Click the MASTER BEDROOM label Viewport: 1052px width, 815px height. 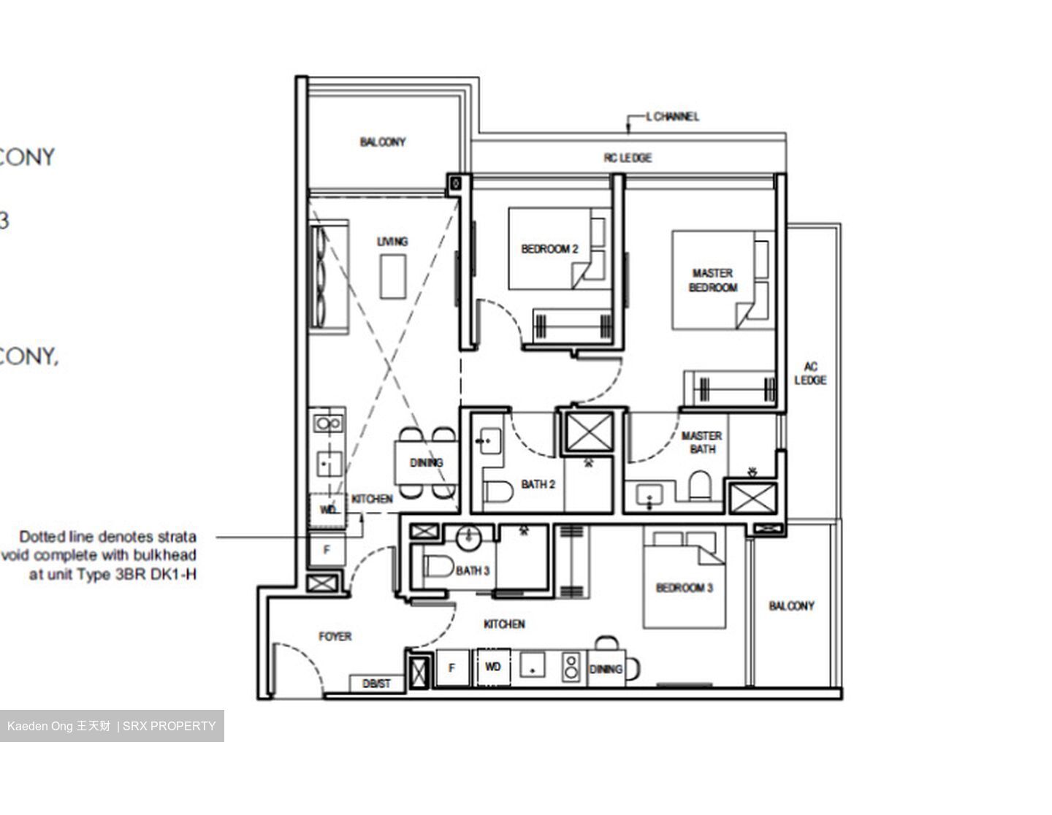(x=713, y=280)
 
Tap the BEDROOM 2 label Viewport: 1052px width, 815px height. (x=549, y=249)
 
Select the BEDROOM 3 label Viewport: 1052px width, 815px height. (x=684, y=588)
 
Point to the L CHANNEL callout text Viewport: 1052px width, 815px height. (x=672, y=116)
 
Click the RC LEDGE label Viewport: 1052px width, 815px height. (x=628, y=158)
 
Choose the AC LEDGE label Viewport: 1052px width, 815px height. (x=810, y=373)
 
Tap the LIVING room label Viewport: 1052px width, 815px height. (x=392, y=242)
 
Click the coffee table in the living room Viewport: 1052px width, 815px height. (x=393, y=276)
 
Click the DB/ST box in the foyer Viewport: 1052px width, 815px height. (x=377, y=684)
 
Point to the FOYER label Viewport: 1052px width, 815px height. (x=335, y=637)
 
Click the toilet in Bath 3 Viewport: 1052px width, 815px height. (x=438, y=567)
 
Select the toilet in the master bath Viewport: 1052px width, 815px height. (x=699, y=484)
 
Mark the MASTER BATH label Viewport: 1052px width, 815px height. (x=701, y=443)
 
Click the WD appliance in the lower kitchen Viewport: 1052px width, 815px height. (x=493, y=667)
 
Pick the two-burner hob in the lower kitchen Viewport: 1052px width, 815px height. (x=571, y=667)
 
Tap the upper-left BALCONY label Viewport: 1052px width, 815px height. (x=382, y=142)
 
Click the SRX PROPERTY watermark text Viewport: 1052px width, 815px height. (x=169, y=726)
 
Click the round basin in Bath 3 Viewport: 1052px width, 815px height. (x=468, y=538)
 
